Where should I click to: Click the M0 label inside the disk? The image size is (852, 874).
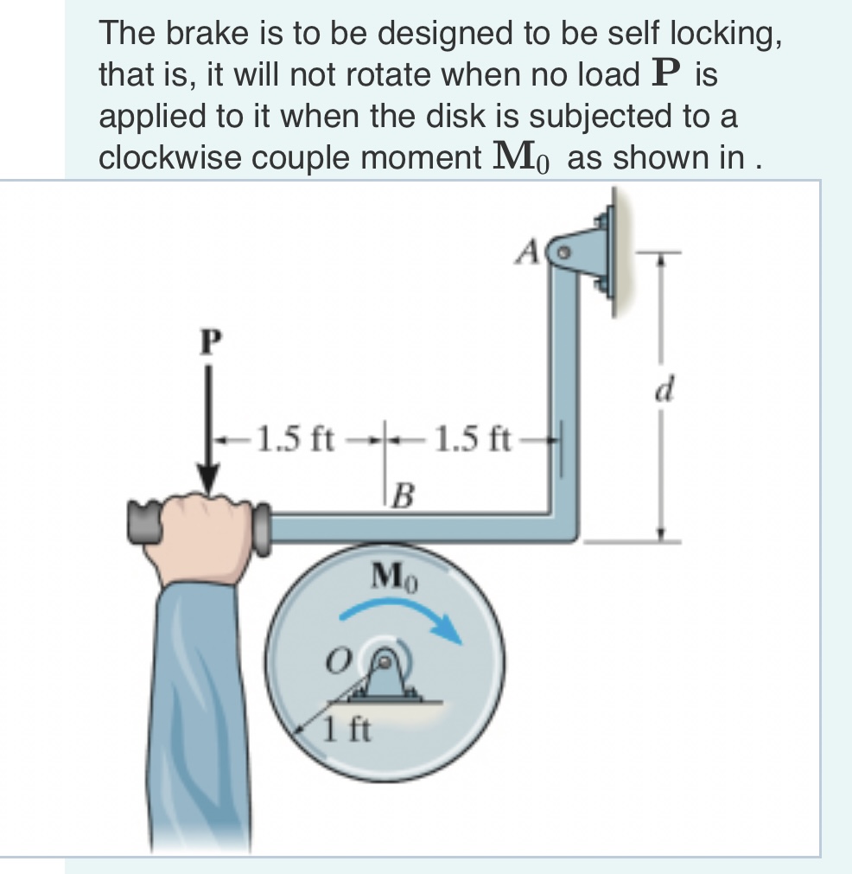[393, 575]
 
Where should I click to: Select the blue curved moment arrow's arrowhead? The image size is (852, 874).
[450, 629]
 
